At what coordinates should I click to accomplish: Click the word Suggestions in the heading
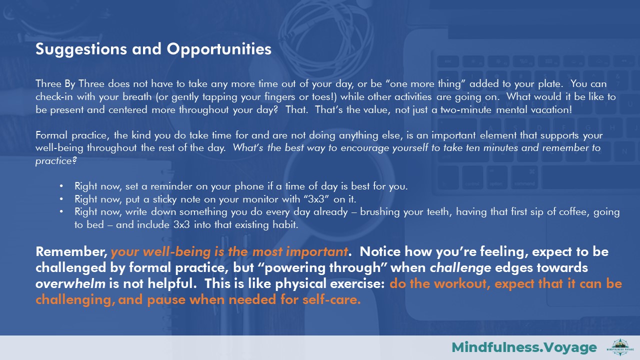click(x=81, y=49)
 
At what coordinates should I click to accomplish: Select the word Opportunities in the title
click(x=219, y=49)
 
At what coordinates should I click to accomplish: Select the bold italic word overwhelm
click(x=70, y=283)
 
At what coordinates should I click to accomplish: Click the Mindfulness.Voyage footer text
click(x=524, y=347)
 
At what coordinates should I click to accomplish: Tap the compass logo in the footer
click(x=620, y=347)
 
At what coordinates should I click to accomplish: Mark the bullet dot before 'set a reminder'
click(x=61, y=186)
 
